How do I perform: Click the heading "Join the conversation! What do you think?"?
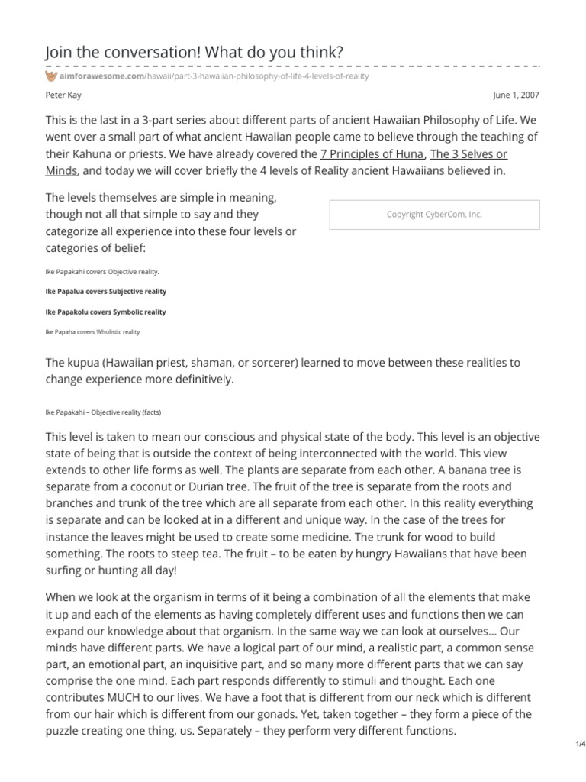(194, 51)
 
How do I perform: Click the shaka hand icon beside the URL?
(51, 78)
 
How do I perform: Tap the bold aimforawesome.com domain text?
(96, 78)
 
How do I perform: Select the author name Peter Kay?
(64, 95)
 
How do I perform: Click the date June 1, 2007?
(517, 95)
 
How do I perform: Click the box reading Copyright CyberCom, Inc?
(434, 215)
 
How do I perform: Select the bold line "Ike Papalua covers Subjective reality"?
(106, 292)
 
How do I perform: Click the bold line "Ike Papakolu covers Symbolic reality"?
(106, 312)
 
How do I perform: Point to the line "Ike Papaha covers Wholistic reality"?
(92, 332)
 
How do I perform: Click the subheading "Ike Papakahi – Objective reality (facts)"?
(104, 412)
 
